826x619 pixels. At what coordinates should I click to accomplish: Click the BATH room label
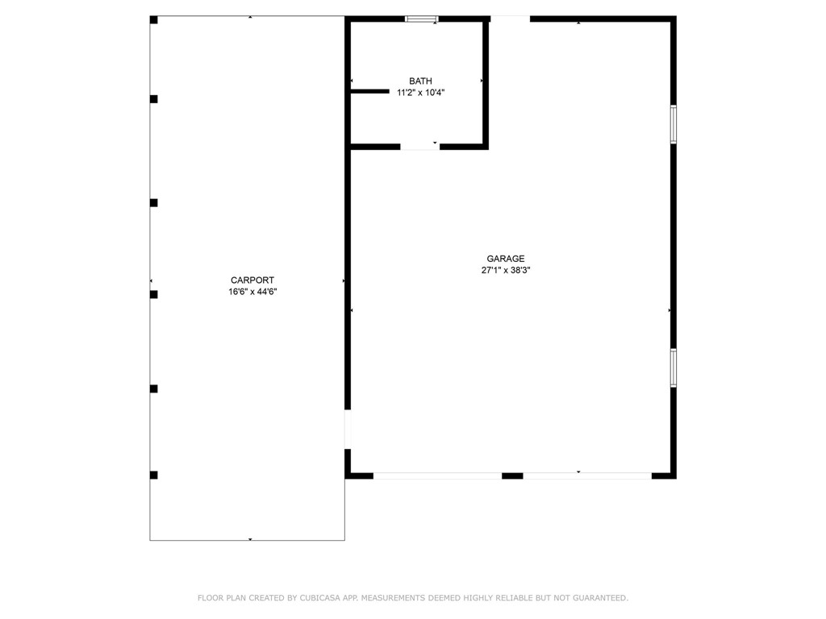click(420, 81)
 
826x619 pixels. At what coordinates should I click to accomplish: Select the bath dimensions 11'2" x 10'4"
click(420, 93)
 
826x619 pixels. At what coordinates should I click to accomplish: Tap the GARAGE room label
click(506, 259)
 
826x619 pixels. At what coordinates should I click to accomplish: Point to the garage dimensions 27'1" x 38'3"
click(506, 270)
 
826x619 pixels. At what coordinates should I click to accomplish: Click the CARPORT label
click(252, 280)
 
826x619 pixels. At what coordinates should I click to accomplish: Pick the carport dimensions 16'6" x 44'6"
click(252, 292)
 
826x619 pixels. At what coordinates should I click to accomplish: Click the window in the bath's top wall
click(421, 19)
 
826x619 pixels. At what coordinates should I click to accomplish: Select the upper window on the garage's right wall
click(674, 124)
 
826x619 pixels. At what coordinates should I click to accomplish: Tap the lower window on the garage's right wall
click(674, 368)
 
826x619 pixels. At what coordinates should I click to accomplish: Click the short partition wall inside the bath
click(370, 92)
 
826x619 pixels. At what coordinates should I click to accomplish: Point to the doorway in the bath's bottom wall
click(419, 147)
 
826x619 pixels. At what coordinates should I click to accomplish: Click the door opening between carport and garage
click(348, 430)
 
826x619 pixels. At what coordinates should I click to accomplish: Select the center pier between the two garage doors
click(512, 476)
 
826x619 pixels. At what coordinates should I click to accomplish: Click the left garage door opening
click(437, 476)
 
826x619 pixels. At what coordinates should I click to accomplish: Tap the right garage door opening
click(587, 476)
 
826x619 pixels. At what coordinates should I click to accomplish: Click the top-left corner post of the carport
click(154, 20)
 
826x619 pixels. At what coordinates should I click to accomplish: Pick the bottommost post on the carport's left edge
click(154, 476)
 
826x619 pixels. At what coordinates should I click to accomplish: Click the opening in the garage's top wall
click(510, 19)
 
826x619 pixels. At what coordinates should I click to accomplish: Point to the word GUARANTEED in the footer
click(600, 598)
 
